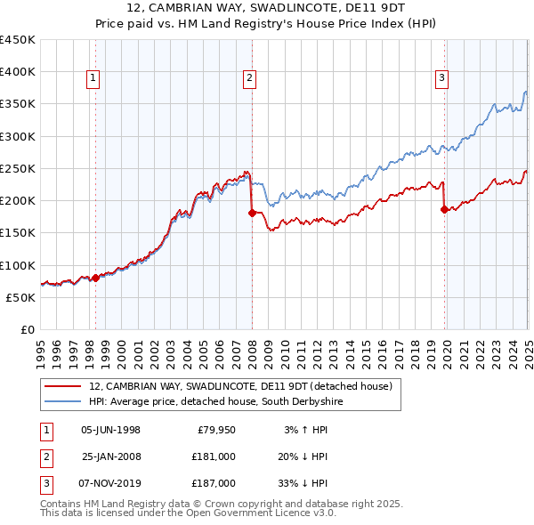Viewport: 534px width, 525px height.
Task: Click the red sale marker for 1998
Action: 95,278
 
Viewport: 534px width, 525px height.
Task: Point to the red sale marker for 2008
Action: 252,213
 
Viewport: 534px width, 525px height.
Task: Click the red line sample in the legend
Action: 62,386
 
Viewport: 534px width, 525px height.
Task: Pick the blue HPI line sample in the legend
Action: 62,402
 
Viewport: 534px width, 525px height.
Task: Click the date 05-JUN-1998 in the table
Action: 110,430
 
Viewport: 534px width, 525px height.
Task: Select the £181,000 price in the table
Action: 213,456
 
